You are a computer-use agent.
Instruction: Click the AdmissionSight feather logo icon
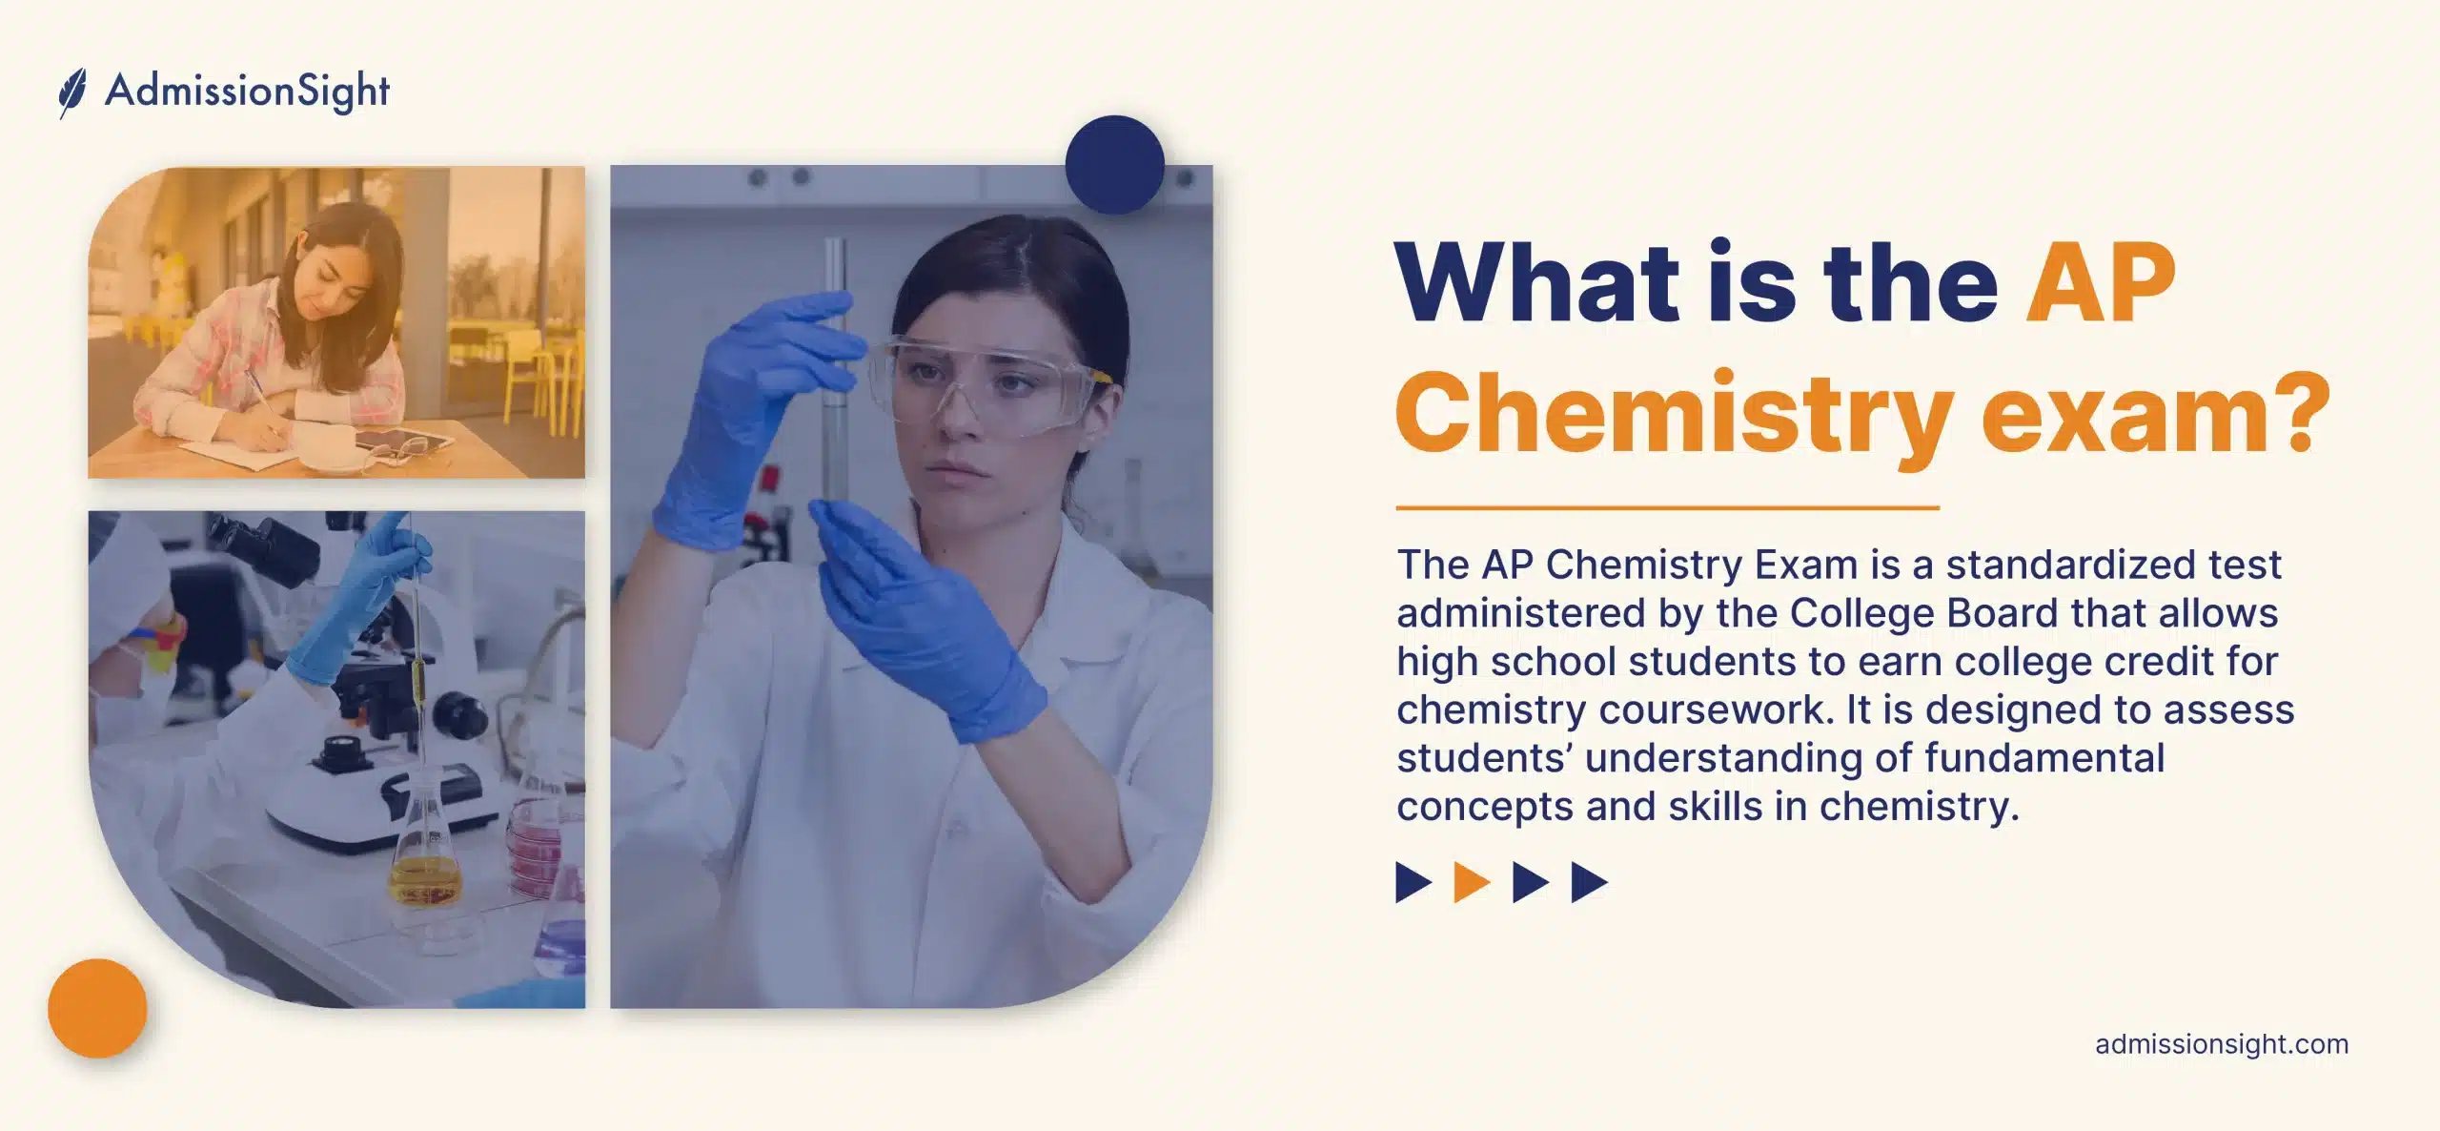click(72, 93)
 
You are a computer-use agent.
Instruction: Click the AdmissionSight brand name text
click(247, 93)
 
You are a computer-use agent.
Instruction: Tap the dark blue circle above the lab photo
click(1114, 164)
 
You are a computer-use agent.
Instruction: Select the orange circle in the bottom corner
click(97, 1008)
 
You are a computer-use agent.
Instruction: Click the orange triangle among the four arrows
click(1471, 882)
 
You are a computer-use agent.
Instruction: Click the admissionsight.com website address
click(2221, 1044)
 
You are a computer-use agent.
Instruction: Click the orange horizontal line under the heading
click(1667, 508)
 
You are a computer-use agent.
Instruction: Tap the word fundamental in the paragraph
click(2043, 758)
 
